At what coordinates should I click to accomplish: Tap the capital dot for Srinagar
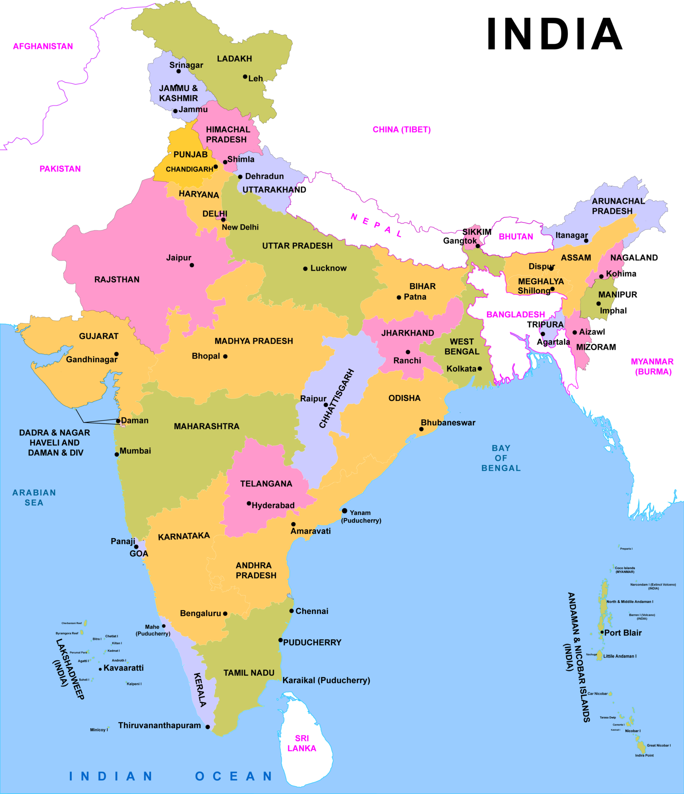pos(179,71)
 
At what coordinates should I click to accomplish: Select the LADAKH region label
pos(234,59)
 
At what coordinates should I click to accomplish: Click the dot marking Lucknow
pos(305,269)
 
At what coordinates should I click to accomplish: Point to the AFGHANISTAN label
pos(43,46)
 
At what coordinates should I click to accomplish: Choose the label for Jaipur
pos(179,257)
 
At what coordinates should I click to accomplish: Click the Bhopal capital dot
pos(225,356)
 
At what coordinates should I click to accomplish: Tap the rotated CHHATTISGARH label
pos(337,398)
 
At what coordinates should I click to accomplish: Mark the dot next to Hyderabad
pos(249,503)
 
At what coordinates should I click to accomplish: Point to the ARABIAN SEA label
pos(34,497)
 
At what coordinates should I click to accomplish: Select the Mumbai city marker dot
pos(117,454)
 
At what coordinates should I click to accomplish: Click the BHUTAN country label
pos(516,236)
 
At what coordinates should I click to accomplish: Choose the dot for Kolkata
pos(479,369)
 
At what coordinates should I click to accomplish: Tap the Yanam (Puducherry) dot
pos(345,511)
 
